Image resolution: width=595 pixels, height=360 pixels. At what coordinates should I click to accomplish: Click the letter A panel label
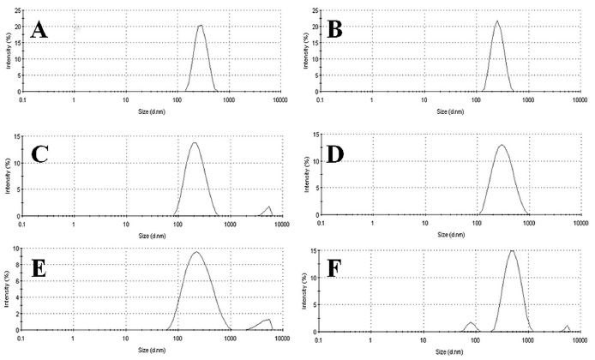[x=39, y=31]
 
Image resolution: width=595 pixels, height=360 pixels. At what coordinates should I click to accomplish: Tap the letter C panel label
[x=39, y=154]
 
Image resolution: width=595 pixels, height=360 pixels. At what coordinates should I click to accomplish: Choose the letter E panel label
[x=38, y=274]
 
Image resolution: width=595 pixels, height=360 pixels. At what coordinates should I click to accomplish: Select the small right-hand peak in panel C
[x=270, y=207]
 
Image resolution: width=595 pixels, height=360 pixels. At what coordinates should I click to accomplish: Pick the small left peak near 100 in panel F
[x=471, y=322]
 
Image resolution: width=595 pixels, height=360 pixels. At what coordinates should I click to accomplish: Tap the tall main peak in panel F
[x=512, y=251]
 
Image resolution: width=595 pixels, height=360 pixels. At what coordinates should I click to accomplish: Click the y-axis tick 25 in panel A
[x=16, y=9]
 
